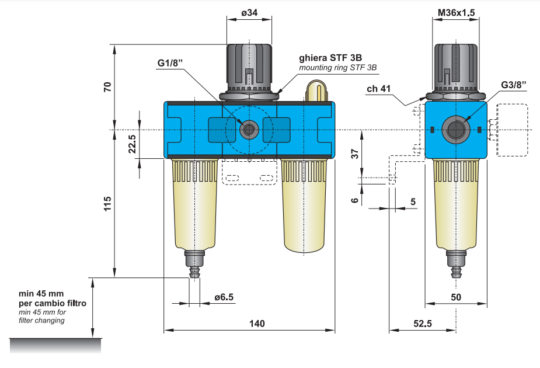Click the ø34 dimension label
(249, 12)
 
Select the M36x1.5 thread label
(455, 12)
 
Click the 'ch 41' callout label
(380, 89)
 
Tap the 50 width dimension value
(456, 297)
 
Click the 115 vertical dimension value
(107, 204)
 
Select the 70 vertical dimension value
(107, 87)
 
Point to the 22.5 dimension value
(133, 144)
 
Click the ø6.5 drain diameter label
(224, 297)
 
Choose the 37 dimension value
(354, 154)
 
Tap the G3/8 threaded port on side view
(455, 129)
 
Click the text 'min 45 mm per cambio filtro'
(53, 298)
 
